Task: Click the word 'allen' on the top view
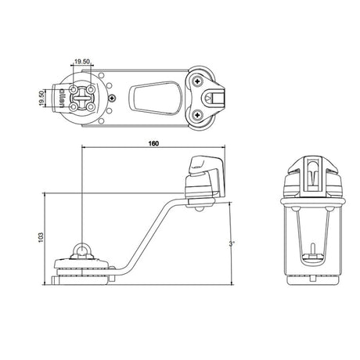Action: (62, 98)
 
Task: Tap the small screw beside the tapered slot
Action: (114, 98)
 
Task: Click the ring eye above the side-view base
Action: (82, 249)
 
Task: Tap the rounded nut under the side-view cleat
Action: (200, 207)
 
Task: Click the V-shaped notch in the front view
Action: (311, 176)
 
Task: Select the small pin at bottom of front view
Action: (311, 251)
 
